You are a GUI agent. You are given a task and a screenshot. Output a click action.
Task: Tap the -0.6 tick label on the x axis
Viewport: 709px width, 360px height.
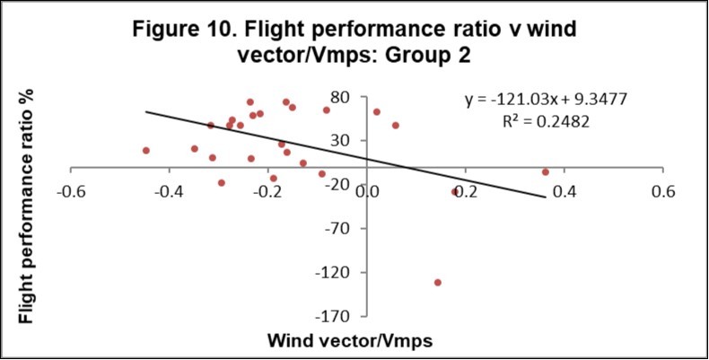pos(71,192)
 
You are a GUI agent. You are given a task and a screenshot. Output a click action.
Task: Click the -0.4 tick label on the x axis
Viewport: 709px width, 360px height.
pos(170,192)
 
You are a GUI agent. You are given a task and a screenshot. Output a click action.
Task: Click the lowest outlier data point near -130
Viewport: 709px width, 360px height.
pos(438,282)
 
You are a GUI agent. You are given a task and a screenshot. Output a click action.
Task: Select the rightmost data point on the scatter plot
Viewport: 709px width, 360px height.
pos(545,171)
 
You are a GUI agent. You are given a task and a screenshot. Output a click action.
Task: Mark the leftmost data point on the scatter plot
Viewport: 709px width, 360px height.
pos(146,151)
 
